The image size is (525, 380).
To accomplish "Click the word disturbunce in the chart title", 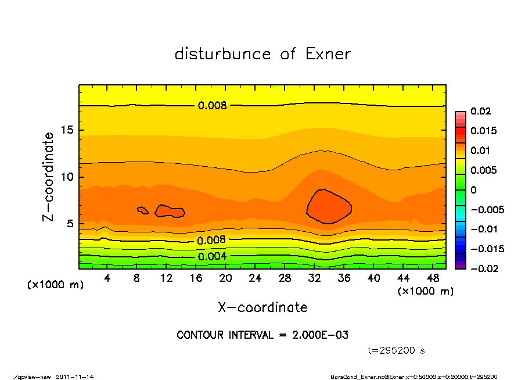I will click(222, 54).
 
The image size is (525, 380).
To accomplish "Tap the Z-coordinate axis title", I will click(49, 177).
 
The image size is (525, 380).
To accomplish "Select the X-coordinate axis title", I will click(262, 307).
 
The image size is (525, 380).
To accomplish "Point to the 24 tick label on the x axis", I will click(255, 279).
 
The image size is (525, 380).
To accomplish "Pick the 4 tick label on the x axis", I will click(107, 279).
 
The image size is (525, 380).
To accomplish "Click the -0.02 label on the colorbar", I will click(482, 268).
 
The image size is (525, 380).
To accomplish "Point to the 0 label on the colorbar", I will click(473, 190).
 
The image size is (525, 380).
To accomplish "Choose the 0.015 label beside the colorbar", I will click(483, 131).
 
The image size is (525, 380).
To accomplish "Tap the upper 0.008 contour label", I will click(213, 106).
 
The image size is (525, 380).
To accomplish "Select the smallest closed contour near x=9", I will click(142, 210).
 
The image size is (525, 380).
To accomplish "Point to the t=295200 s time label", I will click(397, 350).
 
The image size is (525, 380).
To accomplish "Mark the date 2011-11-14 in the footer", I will click(75, 377).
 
